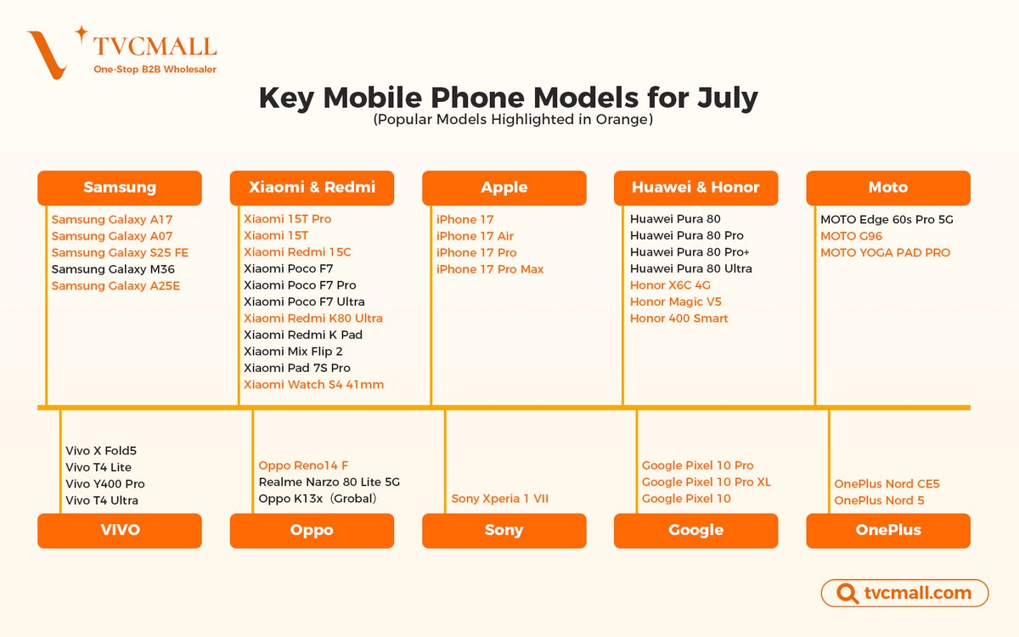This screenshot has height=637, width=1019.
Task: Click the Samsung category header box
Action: (120, 188)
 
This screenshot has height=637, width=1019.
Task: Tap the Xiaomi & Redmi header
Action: (312, 188)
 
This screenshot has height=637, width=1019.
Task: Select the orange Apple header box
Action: (504, 188)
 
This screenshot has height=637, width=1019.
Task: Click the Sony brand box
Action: (504, 531)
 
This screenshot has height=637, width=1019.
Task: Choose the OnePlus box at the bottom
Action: (887, 531)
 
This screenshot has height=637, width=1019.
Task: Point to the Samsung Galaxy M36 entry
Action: (112, 269)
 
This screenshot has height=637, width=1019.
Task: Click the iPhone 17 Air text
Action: (475, 236)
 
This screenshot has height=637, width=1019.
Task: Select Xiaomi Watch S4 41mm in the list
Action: (313, 385)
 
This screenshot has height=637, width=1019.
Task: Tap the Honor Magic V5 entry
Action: (675, 302)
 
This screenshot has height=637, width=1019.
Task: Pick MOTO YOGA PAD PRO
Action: (885, 252)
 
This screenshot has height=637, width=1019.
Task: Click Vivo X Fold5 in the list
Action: (100, 451)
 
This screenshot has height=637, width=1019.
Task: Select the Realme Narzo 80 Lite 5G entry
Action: (329, 482)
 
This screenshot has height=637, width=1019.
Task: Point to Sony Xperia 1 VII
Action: (499, 499)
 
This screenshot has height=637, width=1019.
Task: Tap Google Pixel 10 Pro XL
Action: (706, 482)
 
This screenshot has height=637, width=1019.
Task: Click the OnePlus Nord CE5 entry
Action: (887, 484)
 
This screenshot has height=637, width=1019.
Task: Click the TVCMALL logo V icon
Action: (48, 54)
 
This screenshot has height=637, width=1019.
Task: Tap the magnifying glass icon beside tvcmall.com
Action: (846, 594)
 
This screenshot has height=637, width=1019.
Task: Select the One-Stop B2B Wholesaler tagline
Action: (155, 70)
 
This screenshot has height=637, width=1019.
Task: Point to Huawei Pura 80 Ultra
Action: (690, 268)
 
